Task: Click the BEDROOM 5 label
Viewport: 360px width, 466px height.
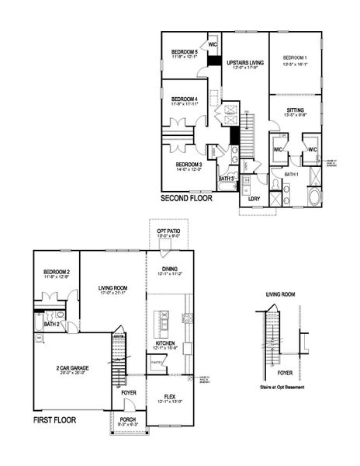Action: tap(184, 52)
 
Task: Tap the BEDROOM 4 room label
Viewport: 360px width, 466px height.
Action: tap(184, 99)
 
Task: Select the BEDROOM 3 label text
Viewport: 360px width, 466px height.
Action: tap(189, 165)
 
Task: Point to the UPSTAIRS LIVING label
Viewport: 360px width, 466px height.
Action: tap(245, 61)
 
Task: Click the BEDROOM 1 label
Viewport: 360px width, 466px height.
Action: tap(295, 58)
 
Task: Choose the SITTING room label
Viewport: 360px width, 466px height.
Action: tap(295, 110)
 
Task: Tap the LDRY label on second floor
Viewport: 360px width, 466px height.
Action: tap(254, 199)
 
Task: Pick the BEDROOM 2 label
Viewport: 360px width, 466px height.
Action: tap(57, 271)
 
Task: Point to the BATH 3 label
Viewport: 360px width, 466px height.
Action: tap(226, 179)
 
